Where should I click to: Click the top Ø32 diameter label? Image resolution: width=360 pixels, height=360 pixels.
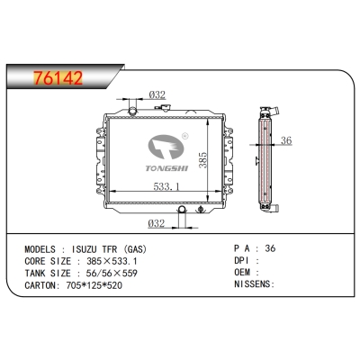point(156,96)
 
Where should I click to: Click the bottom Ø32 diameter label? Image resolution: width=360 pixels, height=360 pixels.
point(157,224)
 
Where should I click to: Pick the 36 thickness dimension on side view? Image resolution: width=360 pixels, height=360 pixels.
point(286,140)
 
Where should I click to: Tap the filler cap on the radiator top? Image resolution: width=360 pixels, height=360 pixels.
point(135,111)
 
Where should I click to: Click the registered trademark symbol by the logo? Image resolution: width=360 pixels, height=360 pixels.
point(184,137)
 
